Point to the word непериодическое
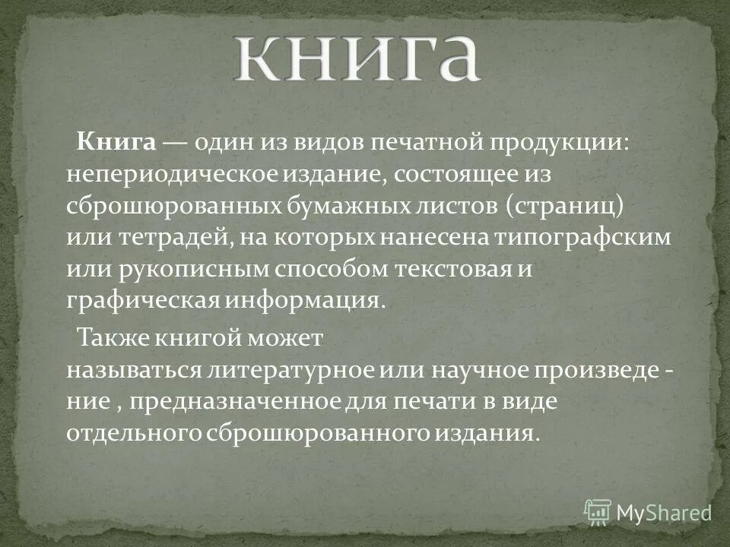coord(173,175)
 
